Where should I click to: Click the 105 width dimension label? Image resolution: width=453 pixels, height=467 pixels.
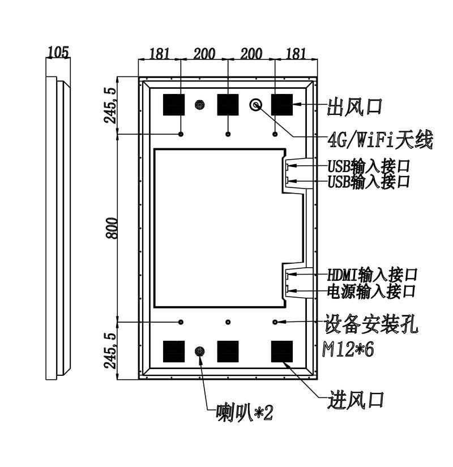(x=58, y=52)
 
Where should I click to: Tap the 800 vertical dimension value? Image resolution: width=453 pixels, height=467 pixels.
(x=112, y=228)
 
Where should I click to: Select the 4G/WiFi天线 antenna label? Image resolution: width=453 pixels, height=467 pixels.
(x=380, y=140)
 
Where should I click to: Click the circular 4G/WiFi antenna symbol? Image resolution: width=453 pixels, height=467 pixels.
(x=256, y=105)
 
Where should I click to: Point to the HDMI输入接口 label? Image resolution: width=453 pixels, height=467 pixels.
(x=372, y=275)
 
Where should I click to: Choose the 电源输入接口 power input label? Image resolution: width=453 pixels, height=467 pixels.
(x=371, y=291)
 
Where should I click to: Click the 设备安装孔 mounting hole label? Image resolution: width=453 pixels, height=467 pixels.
(x=371, y=324)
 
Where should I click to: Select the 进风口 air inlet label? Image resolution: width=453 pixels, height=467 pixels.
(x=355, y=400)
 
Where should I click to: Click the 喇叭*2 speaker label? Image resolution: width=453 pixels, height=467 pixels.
(x=245, y=412)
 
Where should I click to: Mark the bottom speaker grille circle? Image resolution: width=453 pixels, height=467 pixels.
(x=200, y=352)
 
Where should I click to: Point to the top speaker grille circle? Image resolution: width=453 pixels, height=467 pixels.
(x=200, y=105)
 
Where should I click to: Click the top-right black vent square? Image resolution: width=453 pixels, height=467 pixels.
(x=282, y=105)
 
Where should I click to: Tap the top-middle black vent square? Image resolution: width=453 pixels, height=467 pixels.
(x=228, y=105)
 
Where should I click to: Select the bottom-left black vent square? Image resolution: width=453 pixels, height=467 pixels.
(x=174, y=352)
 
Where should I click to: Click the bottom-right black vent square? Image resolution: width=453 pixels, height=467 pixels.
(x=282, y=352)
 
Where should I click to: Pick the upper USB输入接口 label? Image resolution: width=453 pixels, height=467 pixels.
(x=369, y=166)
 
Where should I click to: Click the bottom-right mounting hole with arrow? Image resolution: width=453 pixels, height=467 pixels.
(x=275, y=322)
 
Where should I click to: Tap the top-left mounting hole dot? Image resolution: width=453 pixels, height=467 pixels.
(x=181, y=134)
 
